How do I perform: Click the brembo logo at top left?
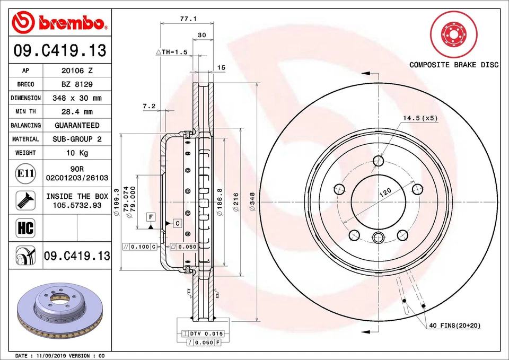pos(60,22)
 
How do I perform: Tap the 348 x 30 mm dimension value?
pos(77,98)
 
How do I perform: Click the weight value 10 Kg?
pos(77,153)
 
